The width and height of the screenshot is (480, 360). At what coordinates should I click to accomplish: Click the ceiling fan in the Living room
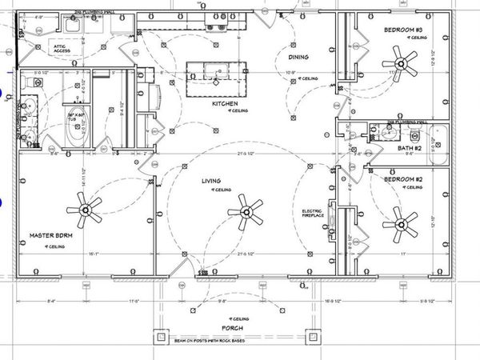click(x=246, y=213)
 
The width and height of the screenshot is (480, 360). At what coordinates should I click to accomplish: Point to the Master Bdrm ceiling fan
click(x=86, y=210)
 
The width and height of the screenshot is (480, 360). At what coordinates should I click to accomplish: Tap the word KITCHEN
click(x=225, y=103)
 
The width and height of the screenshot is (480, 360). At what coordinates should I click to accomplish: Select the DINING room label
click(x=299, y=56)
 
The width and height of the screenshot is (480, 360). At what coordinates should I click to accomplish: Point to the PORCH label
click(x=232, y=328)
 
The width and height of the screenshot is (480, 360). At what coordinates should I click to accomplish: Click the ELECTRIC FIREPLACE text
click(x=312, y=214)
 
